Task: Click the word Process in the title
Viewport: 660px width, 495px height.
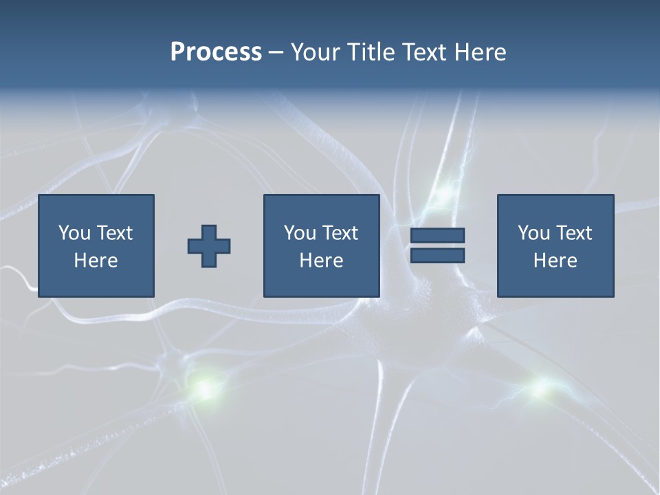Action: pos(216,52)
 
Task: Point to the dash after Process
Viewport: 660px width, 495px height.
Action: pos(276,52)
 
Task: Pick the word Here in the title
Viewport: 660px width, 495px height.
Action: pos(480,52)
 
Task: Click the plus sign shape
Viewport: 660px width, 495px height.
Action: pos(209,246)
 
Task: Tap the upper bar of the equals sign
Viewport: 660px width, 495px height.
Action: pos(437,235)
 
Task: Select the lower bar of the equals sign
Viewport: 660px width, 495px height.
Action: pos(437,255)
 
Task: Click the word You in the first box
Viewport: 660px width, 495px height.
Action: pos(74,233)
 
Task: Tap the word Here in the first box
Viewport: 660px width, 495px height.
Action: pos(96,261)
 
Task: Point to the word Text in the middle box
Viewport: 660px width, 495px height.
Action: pos(341,233)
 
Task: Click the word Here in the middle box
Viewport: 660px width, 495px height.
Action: pos(321,261)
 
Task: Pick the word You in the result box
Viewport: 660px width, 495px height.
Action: pos(533,233)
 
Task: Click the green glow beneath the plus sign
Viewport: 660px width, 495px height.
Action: pos(204,389)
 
